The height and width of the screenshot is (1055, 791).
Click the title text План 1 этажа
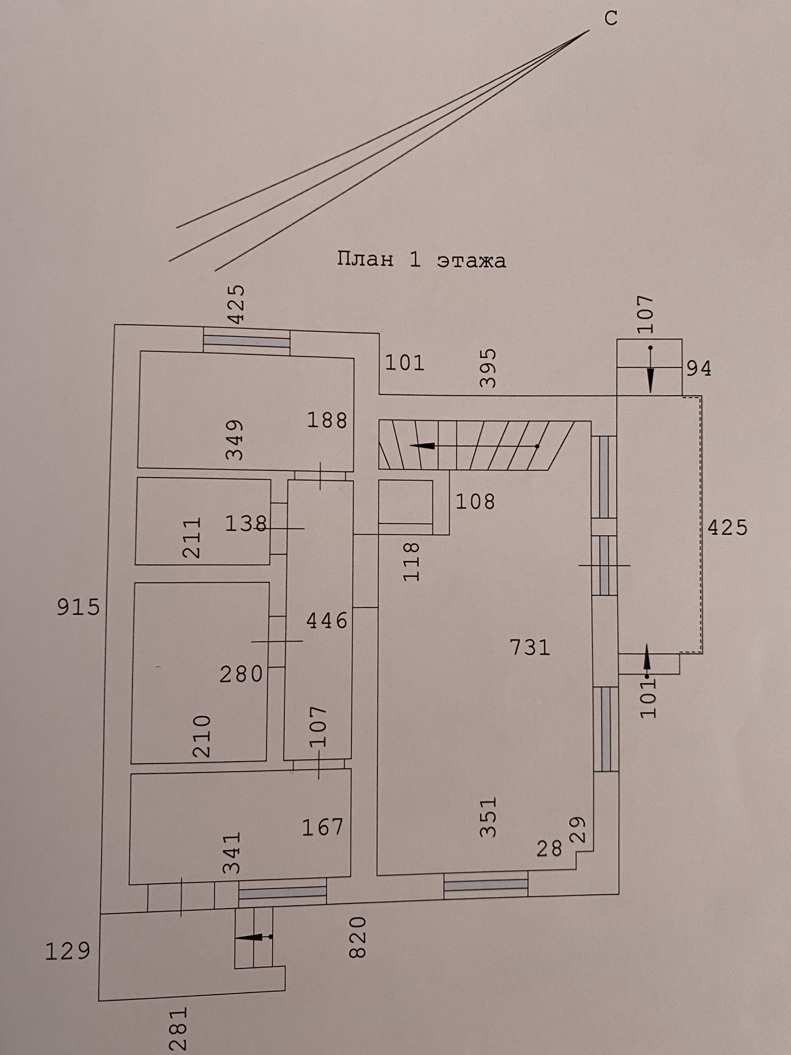421,260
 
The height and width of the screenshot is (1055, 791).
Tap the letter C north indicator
611,19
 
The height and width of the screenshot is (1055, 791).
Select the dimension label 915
79,607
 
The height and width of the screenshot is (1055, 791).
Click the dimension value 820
358,937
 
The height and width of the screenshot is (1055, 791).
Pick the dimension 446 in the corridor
327,621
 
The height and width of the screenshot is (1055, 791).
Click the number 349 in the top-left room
234,439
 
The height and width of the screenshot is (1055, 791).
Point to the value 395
488,368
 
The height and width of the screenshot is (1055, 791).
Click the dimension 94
699,368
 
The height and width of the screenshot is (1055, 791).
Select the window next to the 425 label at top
246,340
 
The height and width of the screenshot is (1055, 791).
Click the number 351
489,816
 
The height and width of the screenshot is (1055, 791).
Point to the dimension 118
411,561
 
